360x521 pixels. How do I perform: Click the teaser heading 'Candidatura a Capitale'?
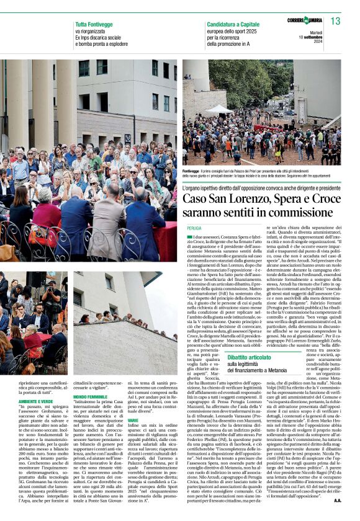click(233, 24)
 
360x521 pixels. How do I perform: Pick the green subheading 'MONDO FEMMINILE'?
click(90, 395)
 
